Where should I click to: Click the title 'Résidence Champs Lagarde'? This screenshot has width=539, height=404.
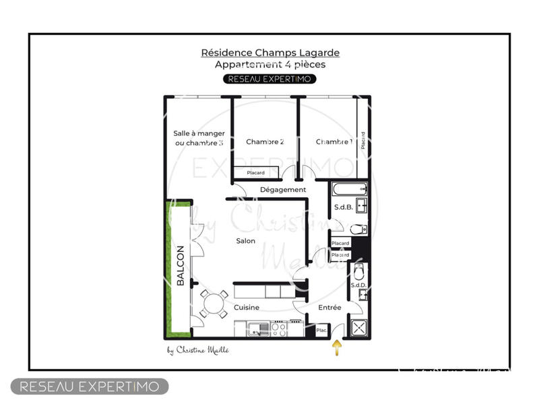point(269,53)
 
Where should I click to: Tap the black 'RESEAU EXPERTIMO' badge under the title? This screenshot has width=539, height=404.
point(269,79)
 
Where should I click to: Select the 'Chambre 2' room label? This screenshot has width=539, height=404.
point(265,142)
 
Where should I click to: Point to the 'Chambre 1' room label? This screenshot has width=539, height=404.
point(334,142)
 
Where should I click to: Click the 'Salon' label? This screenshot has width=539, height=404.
point(245,241)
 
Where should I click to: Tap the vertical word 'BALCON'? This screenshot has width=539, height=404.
point(181,266)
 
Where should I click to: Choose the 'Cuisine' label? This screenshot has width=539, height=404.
point(247,308)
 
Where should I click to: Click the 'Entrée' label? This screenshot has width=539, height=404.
point(329,308)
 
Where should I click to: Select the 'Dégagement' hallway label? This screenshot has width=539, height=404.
point(283,190)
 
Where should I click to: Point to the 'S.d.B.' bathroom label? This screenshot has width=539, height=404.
point(344,207)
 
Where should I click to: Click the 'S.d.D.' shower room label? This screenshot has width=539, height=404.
point(357,286)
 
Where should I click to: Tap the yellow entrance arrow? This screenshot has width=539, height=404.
point(337,347)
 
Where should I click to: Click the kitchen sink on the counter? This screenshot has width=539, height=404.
point(256,329)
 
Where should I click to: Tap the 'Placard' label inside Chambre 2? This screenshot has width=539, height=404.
point(255,173)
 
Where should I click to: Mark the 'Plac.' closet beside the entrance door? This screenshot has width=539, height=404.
point(322,330)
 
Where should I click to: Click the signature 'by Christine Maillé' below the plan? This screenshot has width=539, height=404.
point(197,349)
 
